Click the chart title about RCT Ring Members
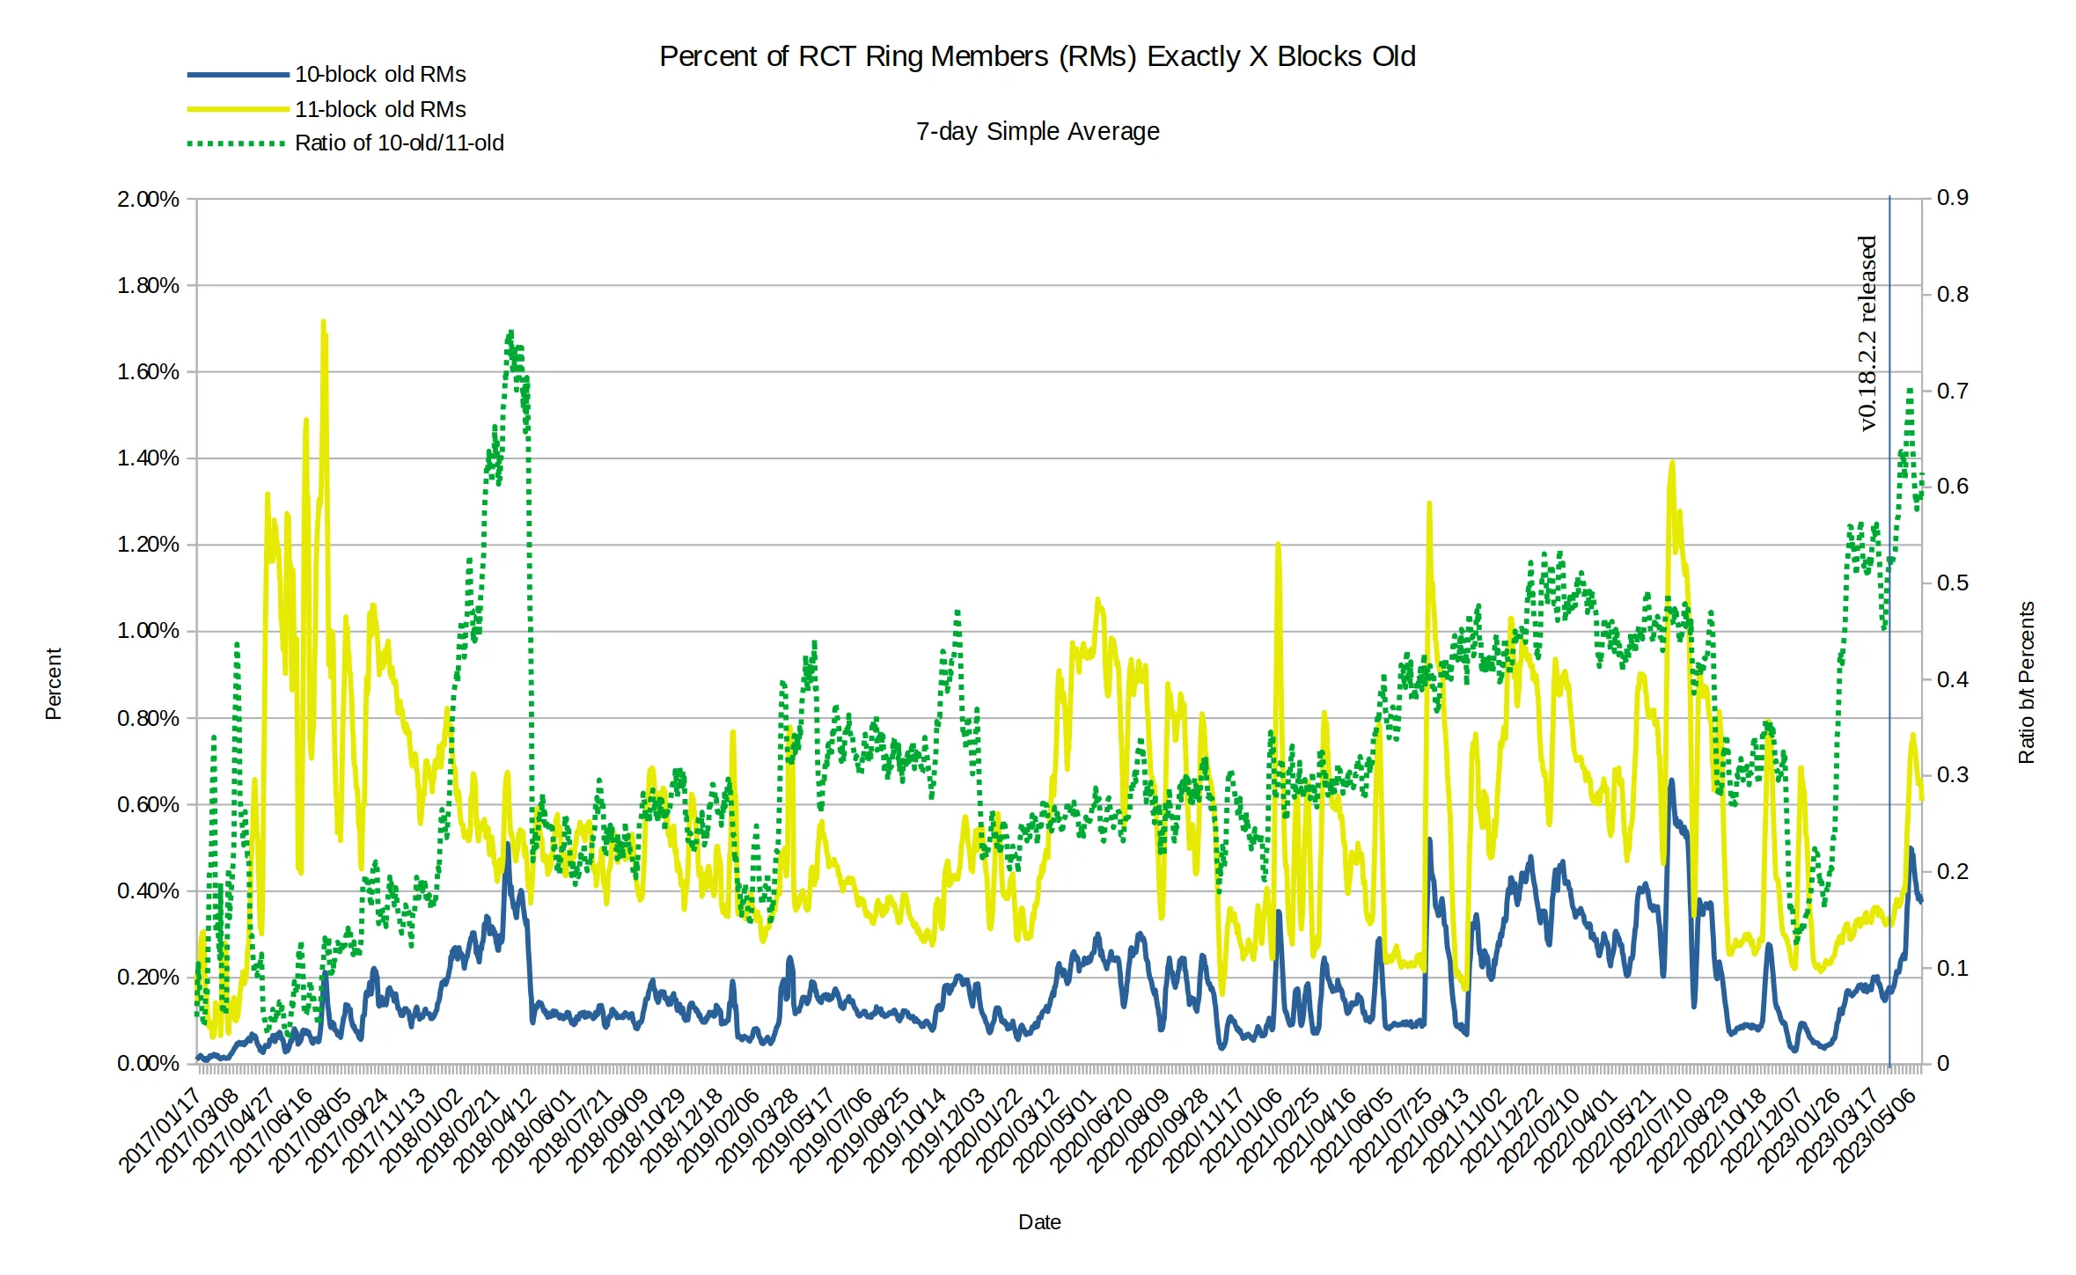1037,56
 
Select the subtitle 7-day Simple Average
1037,131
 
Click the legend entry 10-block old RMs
379,75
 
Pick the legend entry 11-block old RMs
379,109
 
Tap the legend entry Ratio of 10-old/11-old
399,143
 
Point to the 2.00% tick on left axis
148,199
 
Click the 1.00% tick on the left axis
148,631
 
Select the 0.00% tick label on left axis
148,1063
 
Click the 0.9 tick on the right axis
1952,197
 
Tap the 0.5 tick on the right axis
1952,583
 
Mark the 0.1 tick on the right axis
1952,968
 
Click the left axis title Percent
54,684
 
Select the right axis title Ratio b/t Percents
2027,682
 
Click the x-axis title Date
1038,1222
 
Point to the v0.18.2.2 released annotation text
1867,333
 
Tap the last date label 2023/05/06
1874,1130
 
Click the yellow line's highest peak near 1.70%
323,323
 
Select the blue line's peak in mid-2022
1671,780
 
